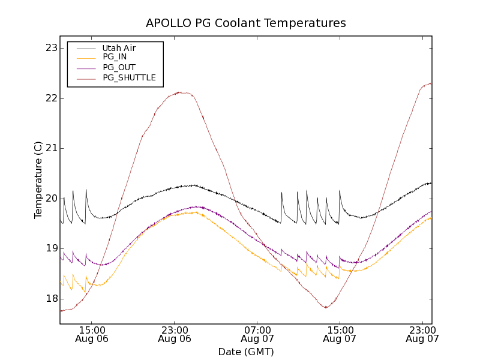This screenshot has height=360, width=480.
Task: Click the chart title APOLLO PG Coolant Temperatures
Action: pos(246,23)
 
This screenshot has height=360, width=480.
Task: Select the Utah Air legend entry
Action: pos(119,48)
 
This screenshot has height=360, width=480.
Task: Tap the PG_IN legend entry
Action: pos(115,58)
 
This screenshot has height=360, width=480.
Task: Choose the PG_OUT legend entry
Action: pos(119,68)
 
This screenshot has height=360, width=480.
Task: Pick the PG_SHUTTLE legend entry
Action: pos(129,78)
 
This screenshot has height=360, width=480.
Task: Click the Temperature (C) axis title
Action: pos(38,180)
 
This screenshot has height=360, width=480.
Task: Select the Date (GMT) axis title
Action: pos(246,352)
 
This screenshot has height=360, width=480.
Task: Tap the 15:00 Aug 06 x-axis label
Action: pos(91,334)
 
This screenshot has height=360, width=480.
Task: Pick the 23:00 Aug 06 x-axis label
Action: pos(174,334)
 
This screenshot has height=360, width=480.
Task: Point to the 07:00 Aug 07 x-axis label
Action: pos(257,334)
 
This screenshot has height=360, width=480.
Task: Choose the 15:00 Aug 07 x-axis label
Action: pos(340,334)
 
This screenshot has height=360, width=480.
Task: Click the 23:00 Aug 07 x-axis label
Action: pos(422,334)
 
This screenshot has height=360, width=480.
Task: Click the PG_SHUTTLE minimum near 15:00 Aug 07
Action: pos(326,308)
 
